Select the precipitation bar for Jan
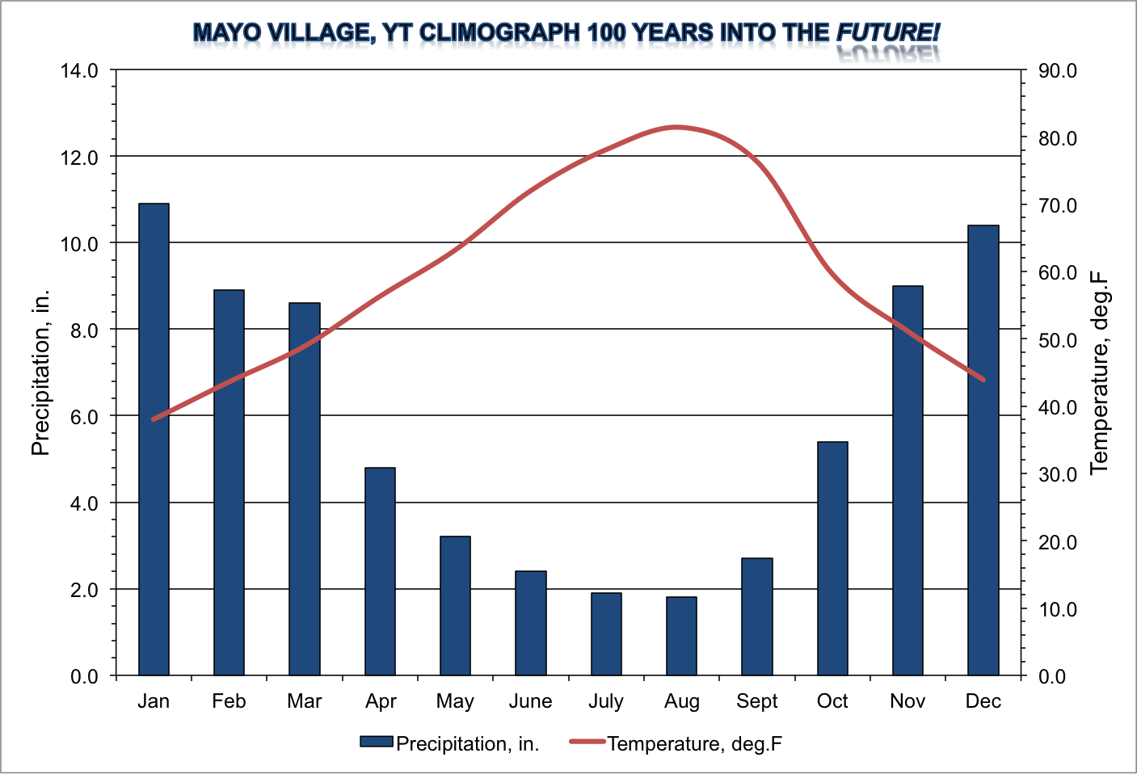click(x=154, y=440)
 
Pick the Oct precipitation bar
click(x=832, y=558)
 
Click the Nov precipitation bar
click(x=907, y=481)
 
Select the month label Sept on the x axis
click(x=756, y=701)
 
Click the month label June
click(x=530, y=701)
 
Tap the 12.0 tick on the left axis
click(x=79, y=157)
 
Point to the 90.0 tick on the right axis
click(x=1058, y=71)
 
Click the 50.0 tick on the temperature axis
click(x=1058, y=340)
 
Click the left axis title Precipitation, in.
click(x=40, y=372)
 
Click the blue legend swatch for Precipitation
click(x=376, y=742)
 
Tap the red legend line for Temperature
click(x=587, y=742)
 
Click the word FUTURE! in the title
click(x=887, y=32)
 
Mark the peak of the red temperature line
click(x=676, y=127)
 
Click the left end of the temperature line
click(x=154, y=419)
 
